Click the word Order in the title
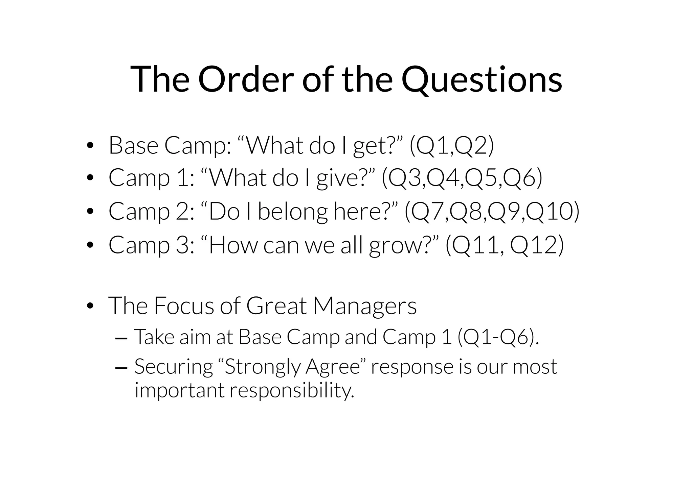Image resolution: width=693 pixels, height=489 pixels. pyautogui.click(x=246, y=79)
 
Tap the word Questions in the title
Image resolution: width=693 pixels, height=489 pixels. pyautogui.click(x=482, y=79)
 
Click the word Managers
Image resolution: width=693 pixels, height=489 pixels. pyautogui.click(x=365, y=306)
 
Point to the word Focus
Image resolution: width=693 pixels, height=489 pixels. pyautogui.click(x=184, y=306)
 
